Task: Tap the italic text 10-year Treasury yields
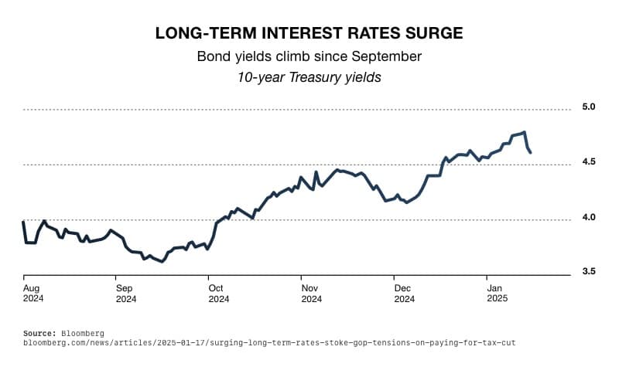click(x=309, y=77)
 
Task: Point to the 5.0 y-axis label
click(x=589, y=107)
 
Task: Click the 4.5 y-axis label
click(x=589, y=162)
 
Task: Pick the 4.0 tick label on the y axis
click(x=589, y=217)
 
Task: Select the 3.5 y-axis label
click(x=589, y=272)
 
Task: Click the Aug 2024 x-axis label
click(x=32, y=294)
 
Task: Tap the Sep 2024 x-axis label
click(x=125, y=294)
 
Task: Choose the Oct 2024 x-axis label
click(x=218, y=294)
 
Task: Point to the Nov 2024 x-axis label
click(x=311, y=294)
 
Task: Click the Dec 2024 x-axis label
click(x=404, y=294)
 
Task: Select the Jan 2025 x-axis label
click(x=497, y=294)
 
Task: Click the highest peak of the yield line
click(x=525, y=132)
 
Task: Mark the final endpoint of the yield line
click(x=530, y=152)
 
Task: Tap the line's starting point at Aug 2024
click(x=24, y=223)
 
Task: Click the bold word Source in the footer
click(x=39, y=334)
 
